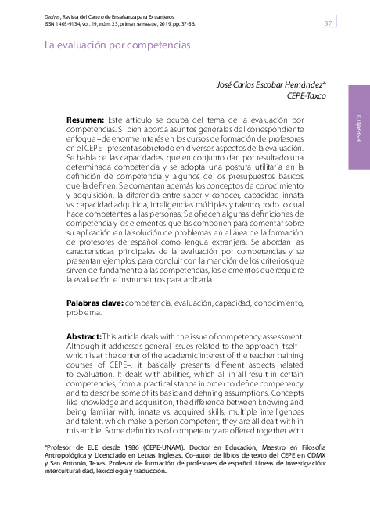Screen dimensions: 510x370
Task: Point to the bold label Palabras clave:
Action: (94, 302)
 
